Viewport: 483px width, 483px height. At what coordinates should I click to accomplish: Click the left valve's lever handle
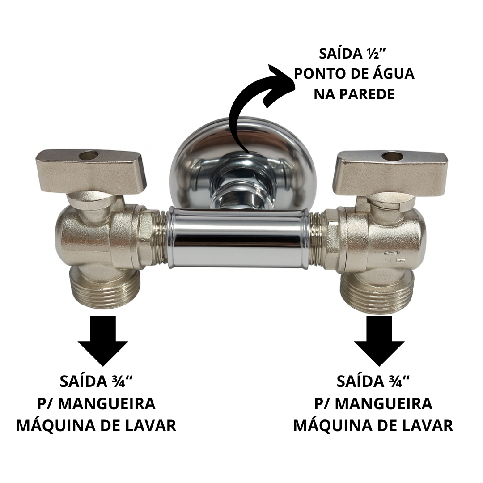90,173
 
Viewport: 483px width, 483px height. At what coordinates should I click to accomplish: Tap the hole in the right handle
392,157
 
